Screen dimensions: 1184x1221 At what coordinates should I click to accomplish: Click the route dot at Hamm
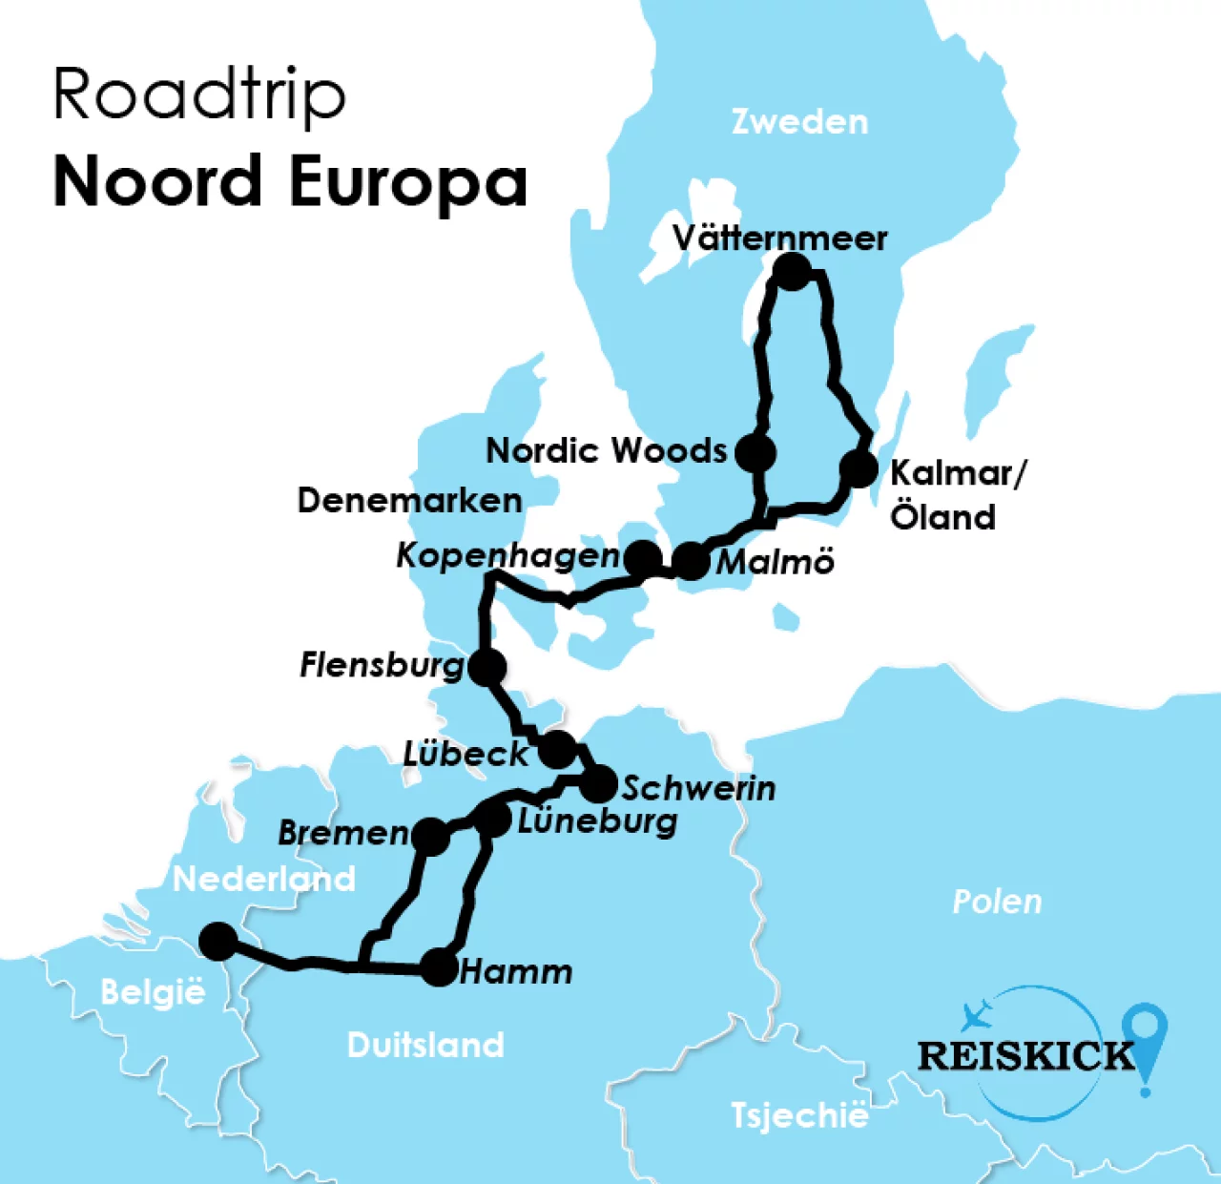pyautogui.click(x=440, y=967)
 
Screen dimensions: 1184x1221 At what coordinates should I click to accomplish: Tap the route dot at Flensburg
pyautogui.click(x=486, y=667)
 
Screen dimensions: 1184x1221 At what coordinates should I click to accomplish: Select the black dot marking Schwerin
pyautogui.click(x=599, y=784)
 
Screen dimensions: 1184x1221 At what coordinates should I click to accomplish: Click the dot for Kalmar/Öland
pyautogui.click(x=859, y=468)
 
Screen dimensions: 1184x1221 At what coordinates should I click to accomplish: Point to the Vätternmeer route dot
pyautogui.click(x=792, y=272)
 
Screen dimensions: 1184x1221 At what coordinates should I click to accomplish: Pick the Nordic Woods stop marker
pyautogui.click(x=757, y=451)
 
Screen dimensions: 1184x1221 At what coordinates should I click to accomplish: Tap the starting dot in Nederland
pyautogui.click(x=218, y=941)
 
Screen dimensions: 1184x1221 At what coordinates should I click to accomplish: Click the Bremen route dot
pyautogui.click(x=431, y=836)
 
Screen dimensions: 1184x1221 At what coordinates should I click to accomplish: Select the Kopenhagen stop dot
pyautogui.click(x=643, y=558)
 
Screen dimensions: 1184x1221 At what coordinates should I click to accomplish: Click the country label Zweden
pyautogui.click(x=799, y=122)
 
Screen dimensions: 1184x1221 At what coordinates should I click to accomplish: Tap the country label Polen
pyautogui.click(x=997, y=902)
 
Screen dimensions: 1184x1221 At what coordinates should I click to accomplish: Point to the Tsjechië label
pyautogui.click(x=799, y=1115)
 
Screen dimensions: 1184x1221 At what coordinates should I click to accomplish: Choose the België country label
pyautogui.click(x=153, y=992)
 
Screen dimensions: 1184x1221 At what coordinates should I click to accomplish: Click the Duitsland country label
pyautogui.click(x=425, y=1045)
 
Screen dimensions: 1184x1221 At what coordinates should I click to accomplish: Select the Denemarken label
pyautogui.click(x=409, y=500)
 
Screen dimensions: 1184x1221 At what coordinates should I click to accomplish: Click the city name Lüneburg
pyautogui.click(x=597, y=821)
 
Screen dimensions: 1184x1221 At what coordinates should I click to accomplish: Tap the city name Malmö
pyautogui.click(x=775, y=562)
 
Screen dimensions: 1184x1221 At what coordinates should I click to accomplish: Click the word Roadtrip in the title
pyautogui.click(x=198, y=95)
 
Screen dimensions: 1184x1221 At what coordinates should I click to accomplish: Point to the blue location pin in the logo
pyautogui.click(x=1145, y=1035)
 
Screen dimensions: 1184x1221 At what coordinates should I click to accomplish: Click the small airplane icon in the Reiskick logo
pyautogui.click(x=977, y=1015)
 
